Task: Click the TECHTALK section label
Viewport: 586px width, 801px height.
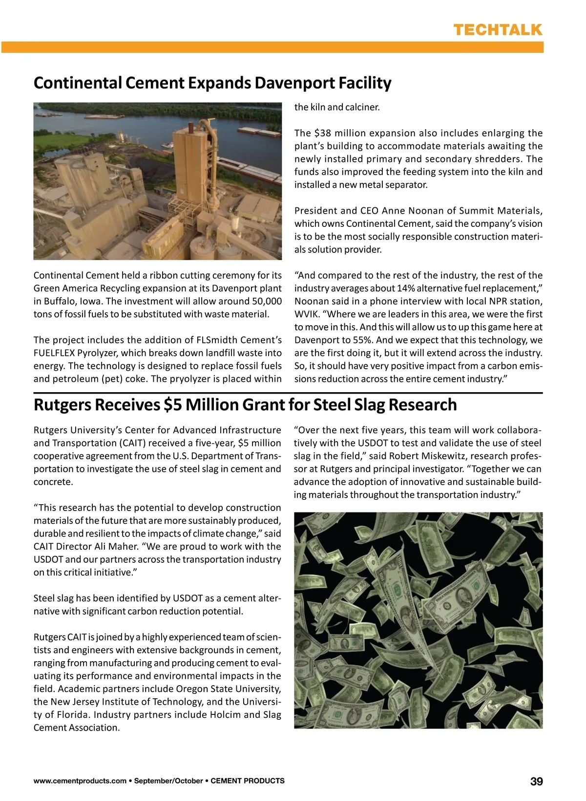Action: [498, 30]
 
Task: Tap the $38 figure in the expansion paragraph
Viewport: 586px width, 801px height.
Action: [323, 133]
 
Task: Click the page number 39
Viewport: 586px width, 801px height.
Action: [536, 781]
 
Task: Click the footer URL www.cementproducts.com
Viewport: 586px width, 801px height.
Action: [80, 781]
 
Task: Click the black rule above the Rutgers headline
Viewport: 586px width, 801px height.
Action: [288, 393]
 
